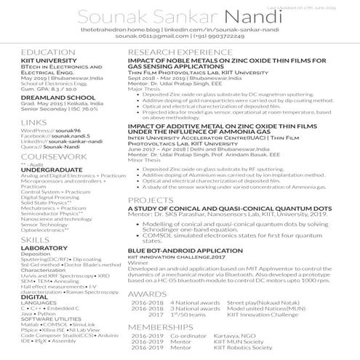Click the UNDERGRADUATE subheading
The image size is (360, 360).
point(50,169)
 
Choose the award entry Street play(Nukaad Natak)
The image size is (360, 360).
point(257,281)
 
